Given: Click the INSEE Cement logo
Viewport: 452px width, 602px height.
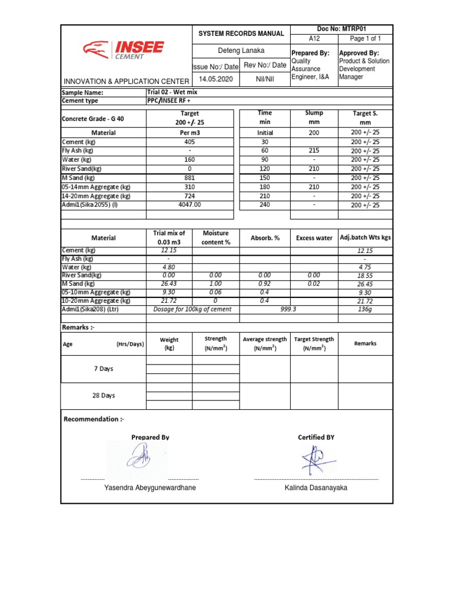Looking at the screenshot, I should [124, 50].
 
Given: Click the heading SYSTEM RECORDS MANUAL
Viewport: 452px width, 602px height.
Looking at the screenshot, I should [241, 34].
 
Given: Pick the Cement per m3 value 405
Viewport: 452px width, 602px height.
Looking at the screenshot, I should [190, 142].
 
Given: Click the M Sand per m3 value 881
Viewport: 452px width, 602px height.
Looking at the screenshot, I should [190, 178].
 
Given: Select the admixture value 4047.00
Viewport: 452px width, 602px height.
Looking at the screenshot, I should [190, 205].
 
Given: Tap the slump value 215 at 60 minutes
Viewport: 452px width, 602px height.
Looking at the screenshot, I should [314, 151].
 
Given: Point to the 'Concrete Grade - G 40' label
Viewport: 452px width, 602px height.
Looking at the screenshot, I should [93, 118].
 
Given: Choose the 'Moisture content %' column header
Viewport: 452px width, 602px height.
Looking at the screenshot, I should [216, 238].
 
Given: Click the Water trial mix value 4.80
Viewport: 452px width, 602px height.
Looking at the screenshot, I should [169, 266].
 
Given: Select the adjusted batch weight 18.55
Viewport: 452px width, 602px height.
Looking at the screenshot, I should [365, 275].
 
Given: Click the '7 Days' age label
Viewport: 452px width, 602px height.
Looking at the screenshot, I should [104, 369].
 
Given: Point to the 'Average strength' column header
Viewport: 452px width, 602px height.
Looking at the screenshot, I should [265, 343].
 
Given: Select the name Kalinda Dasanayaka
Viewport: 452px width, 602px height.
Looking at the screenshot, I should [315, 488].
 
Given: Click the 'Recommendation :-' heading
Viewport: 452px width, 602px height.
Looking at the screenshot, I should [94, 419].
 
